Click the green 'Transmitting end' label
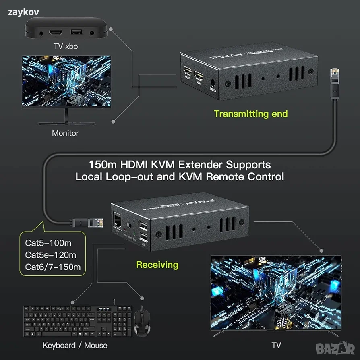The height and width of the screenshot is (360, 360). coord(250,114)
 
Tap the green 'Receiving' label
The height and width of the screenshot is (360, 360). coord(157,265)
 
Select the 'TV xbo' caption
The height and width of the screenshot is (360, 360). coord(66,46)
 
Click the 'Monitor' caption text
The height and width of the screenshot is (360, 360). coord(65,133)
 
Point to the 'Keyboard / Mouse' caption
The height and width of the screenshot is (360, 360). coord(75,345)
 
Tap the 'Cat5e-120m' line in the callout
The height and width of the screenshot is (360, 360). coord(50,255)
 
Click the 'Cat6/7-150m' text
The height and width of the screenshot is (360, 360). coord(53,267)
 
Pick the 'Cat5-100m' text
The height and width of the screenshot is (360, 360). coord(48,243)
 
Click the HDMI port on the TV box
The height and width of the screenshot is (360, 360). coord(56,32)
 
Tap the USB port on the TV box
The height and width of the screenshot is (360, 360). coord(75,31)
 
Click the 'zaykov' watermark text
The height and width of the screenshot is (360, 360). coord(23,12)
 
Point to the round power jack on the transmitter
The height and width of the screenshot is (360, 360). coord(213,84)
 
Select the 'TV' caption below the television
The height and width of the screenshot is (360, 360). coord(276,345)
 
